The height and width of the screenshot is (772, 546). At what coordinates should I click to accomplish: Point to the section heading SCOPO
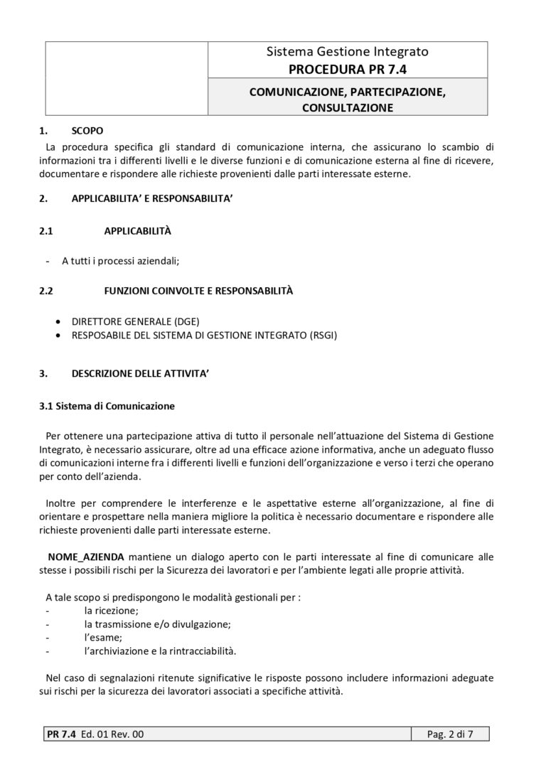tap(87, 131)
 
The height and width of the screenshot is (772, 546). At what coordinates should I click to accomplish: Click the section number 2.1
tap(46, 232)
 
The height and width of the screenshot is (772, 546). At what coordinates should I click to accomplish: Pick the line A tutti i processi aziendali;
tap(121, 262)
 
